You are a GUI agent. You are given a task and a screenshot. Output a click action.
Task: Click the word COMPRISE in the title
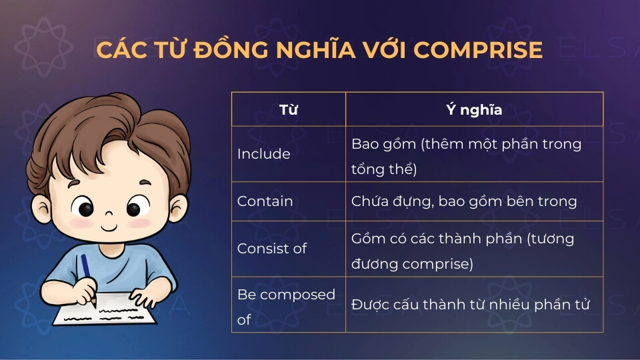[478, 50]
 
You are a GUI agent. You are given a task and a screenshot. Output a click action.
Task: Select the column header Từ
[289, 109]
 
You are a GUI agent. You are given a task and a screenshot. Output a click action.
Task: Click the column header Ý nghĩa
[474, 109]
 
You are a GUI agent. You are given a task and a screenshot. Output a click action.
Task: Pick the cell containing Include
[289, 154]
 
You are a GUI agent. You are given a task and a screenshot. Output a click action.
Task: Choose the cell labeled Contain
[289, 201]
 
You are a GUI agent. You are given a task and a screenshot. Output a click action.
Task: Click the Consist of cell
[289, 249]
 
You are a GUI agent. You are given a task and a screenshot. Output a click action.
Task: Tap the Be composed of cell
[289, 305]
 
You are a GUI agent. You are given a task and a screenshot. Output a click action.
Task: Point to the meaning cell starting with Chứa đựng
[474, 201]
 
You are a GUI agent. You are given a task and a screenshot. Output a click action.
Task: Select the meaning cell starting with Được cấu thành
[474, 305]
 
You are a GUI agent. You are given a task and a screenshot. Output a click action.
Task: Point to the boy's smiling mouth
[109, 227]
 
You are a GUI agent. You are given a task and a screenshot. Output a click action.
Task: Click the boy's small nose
[109, 213]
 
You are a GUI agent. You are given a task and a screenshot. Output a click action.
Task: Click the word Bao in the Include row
[364, 144]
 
